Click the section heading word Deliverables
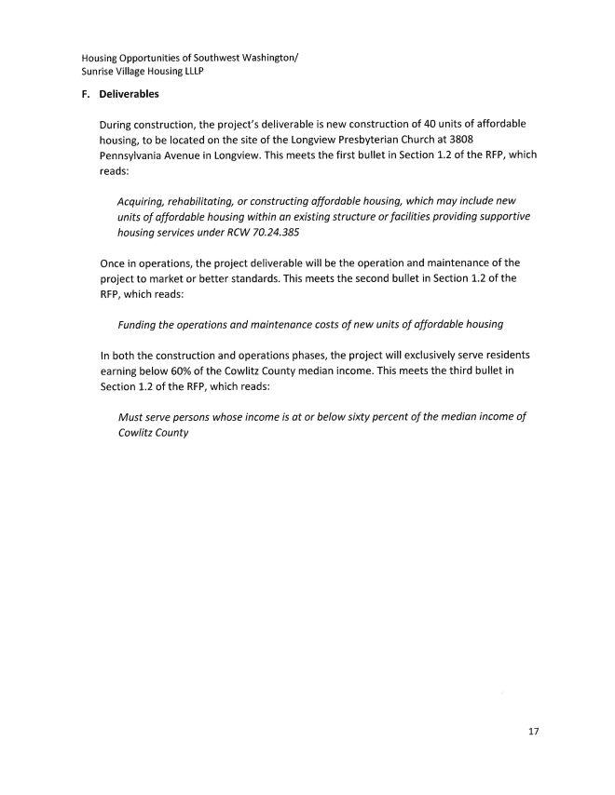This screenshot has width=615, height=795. pyautogui.click(x=130, y=94)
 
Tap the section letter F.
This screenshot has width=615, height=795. pyautogui.click(x=86, y=94)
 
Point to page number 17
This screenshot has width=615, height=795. pyautogui.click(x=534, y=732)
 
